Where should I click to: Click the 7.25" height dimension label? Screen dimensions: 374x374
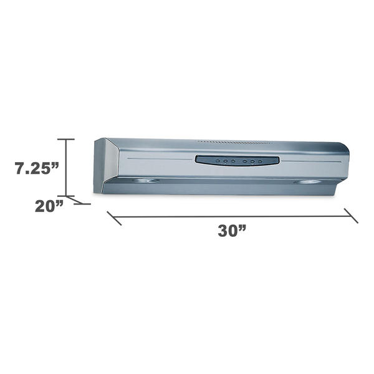(37, 168)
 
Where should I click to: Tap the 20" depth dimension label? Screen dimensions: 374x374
(49, 206)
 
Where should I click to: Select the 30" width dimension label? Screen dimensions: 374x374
(232, 231)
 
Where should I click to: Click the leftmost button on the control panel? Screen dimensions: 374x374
(218, 161)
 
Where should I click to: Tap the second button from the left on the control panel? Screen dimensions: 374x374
(225, 161)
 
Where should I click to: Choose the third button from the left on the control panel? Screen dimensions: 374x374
(233, 161)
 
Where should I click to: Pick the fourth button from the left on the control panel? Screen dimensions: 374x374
(244, 161)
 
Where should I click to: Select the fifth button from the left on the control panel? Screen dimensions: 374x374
(252, 161)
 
